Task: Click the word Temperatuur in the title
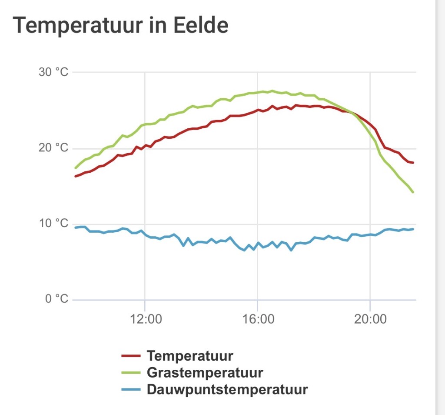(x=77, y=26)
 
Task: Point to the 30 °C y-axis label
(x=53, y=72)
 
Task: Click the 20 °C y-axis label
(x=53, y=148)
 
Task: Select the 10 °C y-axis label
(x=53, y=223)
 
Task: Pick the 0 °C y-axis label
(x=57, y=299)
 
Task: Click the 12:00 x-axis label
(x=146, y=319)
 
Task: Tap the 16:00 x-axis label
(x=258, y=319)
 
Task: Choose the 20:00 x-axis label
(x=370, y=319)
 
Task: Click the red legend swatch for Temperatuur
(x=131, y=356)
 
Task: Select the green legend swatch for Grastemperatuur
(x=131, y=373)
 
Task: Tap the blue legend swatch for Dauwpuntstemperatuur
(x=131, y=389)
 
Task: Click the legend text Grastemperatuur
(x=205, y=373)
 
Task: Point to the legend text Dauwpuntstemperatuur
(x=227, y=390)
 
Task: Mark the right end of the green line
(x=413, y=192)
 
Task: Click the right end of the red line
(x=413, y=163)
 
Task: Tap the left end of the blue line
(x=76, y=228)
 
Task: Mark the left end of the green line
(x=76, y=168)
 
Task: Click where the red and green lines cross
(x=352, y=113)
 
